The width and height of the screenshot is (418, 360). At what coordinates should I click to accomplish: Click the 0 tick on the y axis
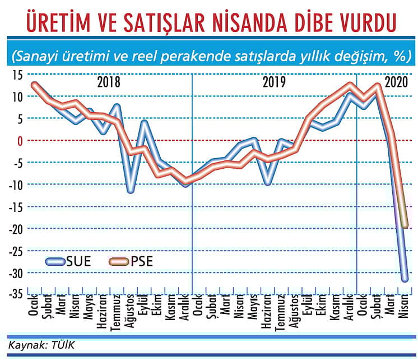coord(19,140)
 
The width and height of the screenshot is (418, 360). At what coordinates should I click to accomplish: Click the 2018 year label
coord(109,82)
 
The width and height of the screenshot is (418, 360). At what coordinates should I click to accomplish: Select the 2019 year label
coord(274,82)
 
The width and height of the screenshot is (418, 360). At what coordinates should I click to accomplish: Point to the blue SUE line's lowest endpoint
coord(404,279)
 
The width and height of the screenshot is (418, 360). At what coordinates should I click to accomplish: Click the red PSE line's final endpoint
coord(404,225)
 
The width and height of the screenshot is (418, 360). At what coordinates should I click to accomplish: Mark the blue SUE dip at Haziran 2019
coord(268,182)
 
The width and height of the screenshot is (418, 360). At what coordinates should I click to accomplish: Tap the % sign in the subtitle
coord(400,57)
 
